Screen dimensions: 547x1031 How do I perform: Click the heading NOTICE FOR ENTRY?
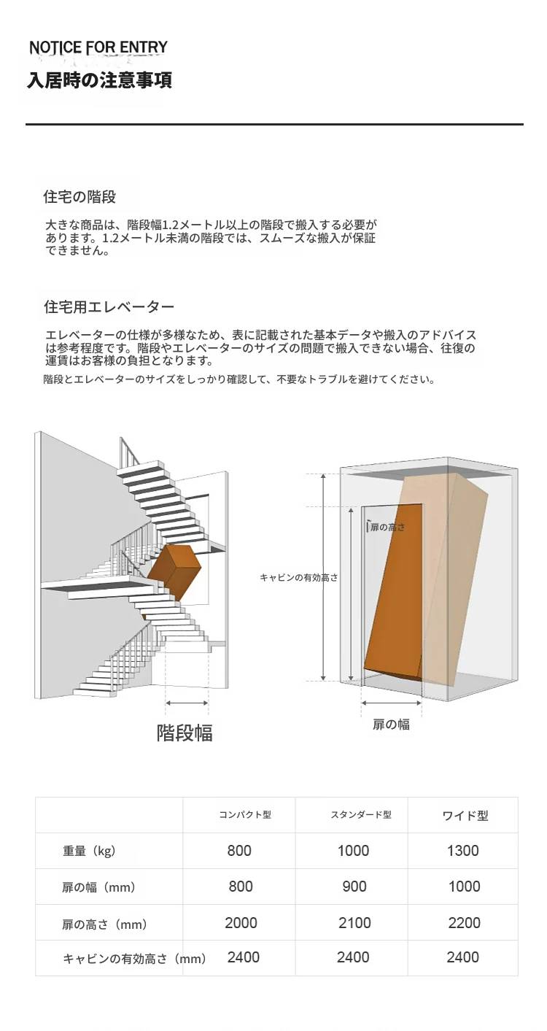tap(98, 47)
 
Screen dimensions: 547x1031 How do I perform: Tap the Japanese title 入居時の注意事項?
tap(99, 80)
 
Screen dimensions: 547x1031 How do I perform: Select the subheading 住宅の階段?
tap(79, 197)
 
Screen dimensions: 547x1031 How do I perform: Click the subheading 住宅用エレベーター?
tap(109, 307)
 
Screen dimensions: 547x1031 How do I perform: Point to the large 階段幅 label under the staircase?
tap(185, 733)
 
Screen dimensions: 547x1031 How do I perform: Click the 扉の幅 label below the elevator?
tap(391, 725)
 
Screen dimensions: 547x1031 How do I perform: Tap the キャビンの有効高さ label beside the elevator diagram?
tap(299, 577)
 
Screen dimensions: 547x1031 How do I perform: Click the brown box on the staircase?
tap(174, 572)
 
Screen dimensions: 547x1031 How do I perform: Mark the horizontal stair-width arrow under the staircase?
tap(187, 703)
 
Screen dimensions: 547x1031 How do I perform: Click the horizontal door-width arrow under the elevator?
tap(392, 703)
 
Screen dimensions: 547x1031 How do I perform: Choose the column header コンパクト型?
tap(245, 815)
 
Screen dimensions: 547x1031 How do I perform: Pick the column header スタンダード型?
tap(361, 815)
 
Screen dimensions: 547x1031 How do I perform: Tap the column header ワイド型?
tap(465, 816)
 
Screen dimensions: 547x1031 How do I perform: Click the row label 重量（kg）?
tap(89, 851)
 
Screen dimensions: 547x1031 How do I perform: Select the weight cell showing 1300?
tap(463, 851)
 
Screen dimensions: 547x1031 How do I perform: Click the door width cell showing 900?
tap(354, 887)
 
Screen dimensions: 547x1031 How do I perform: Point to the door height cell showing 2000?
tap(241, 923)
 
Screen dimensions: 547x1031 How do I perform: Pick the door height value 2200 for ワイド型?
tap(465, 923)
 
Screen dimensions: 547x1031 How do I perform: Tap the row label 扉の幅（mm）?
tap(99, 887)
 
